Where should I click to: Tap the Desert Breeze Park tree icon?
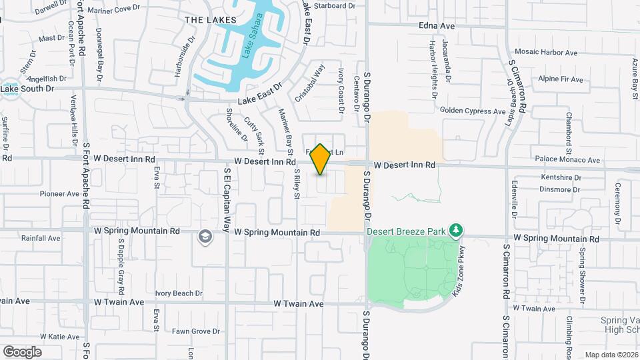click(x=456, y=231)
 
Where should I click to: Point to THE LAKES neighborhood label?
click(x=202, y=20)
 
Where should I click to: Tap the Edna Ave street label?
click(x=436, y=26)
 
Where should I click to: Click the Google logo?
click(x=22, y=352)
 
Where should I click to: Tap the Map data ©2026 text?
click(x=611, y=355)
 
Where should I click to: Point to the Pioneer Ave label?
click(x=59, y=194)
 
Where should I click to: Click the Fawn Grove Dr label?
click(x=195, y=331)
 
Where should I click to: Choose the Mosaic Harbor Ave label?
click(x=547, y=52)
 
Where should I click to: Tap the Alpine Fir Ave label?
click(x=561, y=79)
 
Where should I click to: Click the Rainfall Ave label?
click(x=41, y=238)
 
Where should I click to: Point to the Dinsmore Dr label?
click(x=559, y=189)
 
